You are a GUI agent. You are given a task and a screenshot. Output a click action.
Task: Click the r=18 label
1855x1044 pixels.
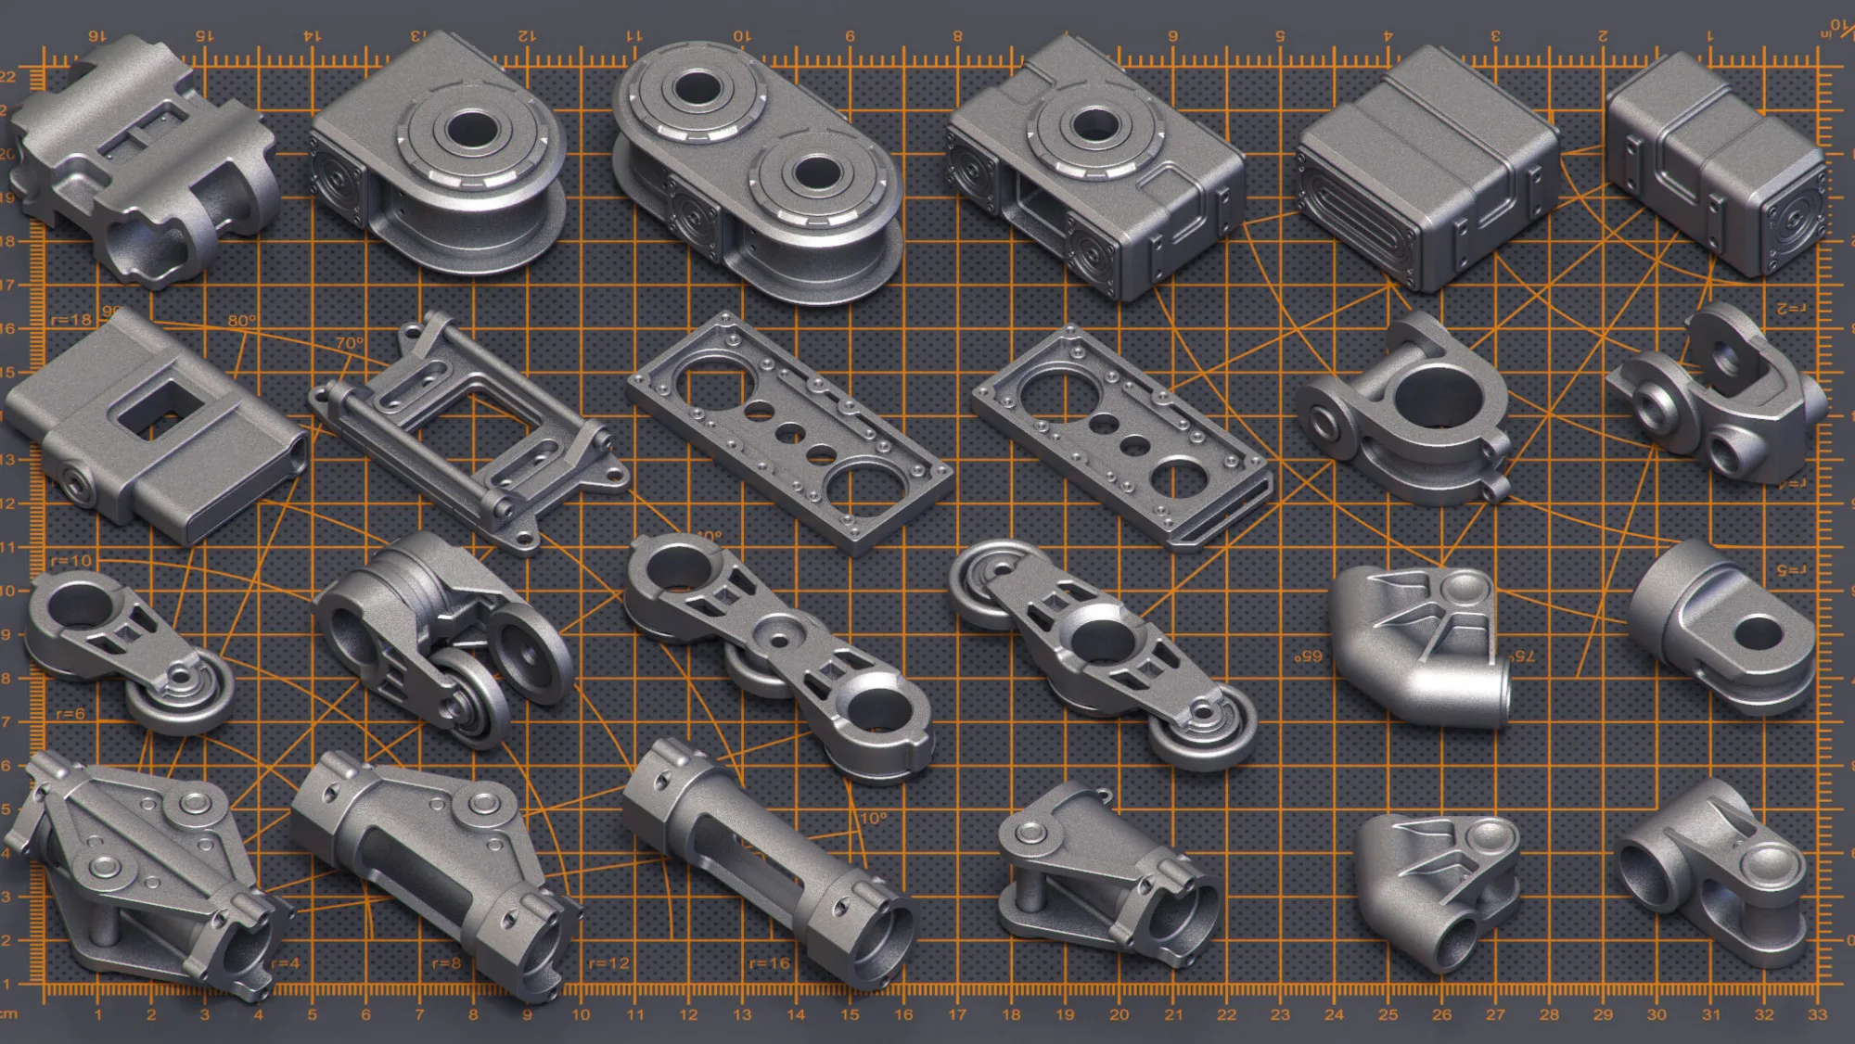tap(71, 320)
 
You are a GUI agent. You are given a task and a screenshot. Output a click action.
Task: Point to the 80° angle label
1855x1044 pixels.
tap(242, 321)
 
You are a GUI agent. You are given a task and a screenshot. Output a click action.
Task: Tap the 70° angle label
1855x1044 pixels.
tap(349, 343)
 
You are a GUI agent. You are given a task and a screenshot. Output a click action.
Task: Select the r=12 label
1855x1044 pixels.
tap(609, 963)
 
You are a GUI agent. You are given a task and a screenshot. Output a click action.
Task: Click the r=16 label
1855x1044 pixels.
tap(770, 963)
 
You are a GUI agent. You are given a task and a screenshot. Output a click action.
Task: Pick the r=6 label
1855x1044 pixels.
tap(70, 714)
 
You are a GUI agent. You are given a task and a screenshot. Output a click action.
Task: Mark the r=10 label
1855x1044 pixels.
tap(71, 561)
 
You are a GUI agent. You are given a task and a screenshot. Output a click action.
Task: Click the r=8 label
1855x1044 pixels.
tap(446, 963)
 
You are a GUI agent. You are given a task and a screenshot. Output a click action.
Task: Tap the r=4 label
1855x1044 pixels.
tap(286, 963)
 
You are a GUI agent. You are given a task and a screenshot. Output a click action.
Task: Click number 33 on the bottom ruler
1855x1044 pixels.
tap(1817, 1015)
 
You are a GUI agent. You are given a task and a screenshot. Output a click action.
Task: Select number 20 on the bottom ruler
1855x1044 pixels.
tap(1119, 1015)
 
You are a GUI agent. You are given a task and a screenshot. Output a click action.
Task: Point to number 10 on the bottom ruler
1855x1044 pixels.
tap(581, 1015)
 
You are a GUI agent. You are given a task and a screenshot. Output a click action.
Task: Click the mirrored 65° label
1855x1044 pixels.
tap(1309, 656)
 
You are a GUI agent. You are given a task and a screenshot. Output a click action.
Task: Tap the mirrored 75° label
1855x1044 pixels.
tap(1522, 656)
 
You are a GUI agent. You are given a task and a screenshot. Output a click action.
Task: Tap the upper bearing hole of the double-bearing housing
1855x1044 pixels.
tap(693, 90)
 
